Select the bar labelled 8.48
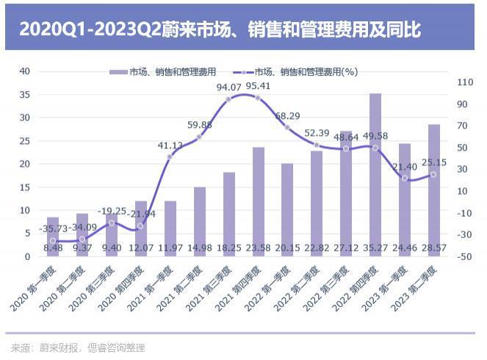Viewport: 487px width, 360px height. [x=53, y=237]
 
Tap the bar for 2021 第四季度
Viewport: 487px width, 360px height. [x=258, y=202]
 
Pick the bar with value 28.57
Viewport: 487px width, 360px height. [x=434, y=190]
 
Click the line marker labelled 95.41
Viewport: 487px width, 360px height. [x=258, y=97]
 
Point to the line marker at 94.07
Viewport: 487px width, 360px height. [x=228, y=98]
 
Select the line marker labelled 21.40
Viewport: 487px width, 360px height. [x=405, y=178]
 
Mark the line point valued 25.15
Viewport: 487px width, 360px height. [x=434, y=174]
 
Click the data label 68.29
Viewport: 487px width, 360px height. [x=287, y=116]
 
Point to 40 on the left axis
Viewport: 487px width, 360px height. [x=25, y=71]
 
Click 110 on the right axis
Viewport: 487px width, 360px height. [x=464, y=83]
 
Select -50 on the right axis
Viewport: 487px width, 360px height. [x=464, y=256]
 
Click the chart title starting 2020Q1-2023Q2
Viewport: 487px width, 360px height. [x=220, y=29]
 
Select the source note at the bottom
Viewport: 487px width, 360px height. [x=78, y=347]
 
